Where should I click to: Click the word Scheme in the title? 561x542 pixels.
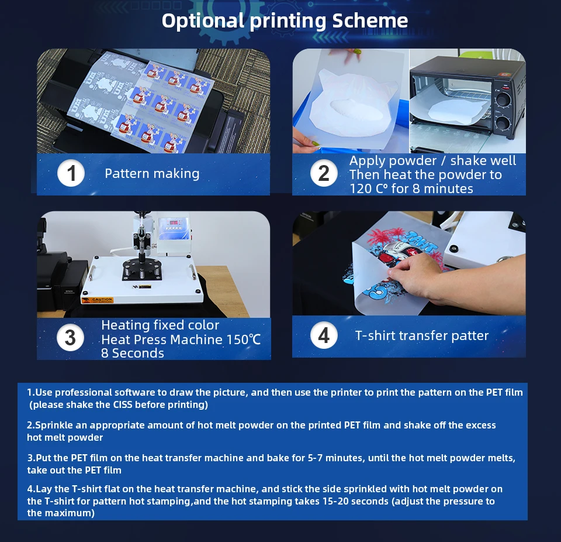[x=370, y=20]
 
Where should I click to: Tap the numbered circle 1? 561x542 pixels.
[x=71, y=173]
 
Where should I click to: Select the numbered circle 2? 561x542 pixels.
[x=324, y=173]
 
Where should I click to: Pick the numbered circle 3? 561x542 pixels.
[x=71, y=338]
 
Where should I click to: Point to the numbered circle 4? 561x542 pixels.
[x=324, y=335]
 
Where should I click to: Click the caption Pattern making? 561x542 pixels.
[x=152, y=173]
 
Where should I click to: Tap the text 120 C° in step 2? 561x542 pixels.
[x=368, y=188]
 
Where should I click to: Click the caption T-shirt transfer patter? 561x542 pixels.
[x=422, y=335]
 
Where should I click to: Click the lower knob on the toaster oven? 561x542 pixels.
[x=503, y=122]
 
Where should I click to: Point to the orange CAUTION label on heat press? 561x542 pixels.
[x=98, y=300]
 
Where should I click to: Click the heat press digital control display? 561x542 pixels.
[x=174, y=222]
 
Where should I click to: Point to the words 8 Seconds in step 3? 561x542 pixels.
[x=133, y=354]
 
